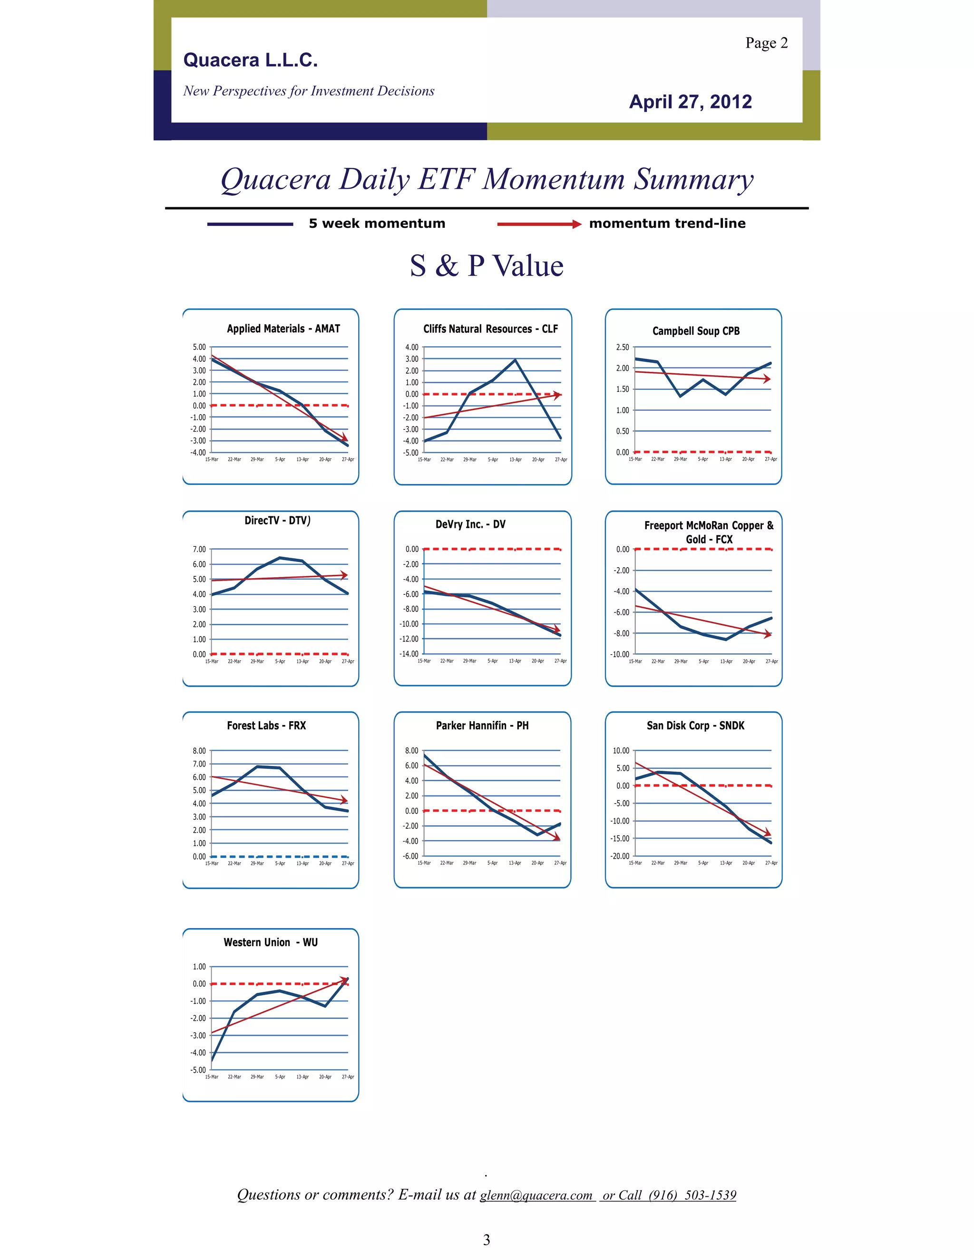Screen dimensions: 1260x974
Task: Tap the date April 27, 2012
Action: click(690, 102)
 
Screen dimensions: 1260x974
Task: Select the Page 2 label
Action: click(766, 43)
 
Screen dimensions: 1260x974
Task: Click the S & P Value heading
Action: click(487, 266)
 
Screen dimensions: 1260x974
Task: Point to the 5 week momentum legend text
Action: click(377, 224)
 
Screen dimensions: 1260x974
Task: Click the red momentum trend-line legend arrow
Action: click(539, 224)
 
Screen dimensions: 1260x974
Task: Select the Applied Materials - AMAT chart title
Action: click(283, 329)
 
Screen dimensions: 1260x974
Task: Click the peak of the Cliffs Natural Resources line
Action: click(515, 360)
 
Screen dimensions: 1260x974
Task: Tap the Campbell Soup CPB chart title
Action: click(696, 331)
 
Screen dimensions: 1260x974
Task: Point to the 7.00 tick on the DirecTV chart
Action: click(199, 549)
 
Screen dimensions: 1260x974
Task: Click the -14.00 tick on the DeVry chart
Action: click(409, 654)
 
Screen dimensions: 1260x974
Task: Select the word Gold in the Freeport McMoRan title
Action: click(696, 540)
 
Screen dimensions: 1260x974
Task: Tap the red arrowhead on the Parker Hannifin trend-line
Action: click(557, 837)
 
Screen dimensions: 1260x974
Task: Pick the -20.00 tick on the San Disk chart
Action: click(620, 856)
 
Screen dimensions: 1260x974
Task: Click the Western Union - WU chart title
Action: click(271, 942)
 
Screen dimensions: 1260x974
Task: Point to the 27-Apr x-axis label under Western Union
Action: click(348, 1076)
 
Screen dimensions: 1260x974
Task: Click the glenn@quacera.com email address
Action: click(536, 1195)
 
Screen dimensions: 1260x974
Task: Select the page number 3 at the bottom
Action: click(487, 1240)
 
